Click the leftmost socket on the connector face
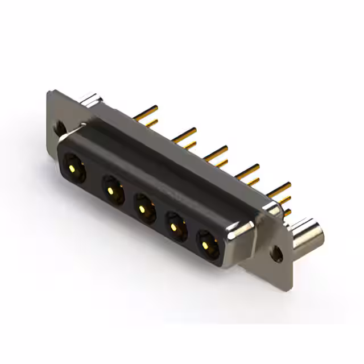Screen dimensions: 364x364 click(x=73, y=167)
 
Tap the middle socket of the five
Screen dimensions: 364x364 click(x=143, y=207)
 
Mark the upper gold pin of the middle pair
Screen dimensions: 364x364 click(x=216, y=151)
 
